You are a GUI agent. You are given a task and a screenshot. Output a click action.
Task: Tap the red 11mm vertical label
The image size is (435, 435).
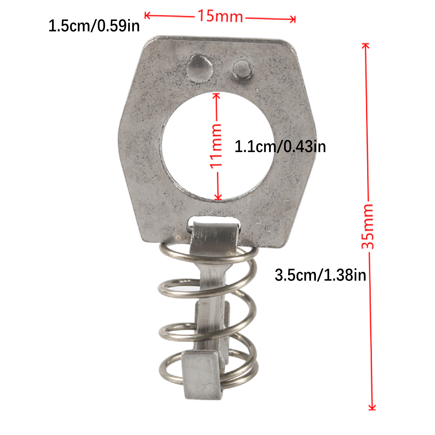coord(216,146)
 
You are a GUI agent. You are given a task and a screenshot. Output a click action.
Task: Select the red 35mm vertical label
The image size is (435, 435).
coord(368,226)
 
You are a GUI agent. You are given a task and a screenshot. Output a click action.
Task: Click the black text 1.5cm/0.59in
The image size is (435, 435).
coord(94,26)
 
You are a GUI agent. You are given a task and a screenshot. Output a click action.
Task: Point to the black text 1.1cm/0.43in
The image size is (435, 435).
coord(280,147)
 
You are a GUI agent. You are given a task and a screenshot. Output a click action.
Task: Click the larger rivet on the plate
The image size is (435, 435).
coord(200,68)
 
